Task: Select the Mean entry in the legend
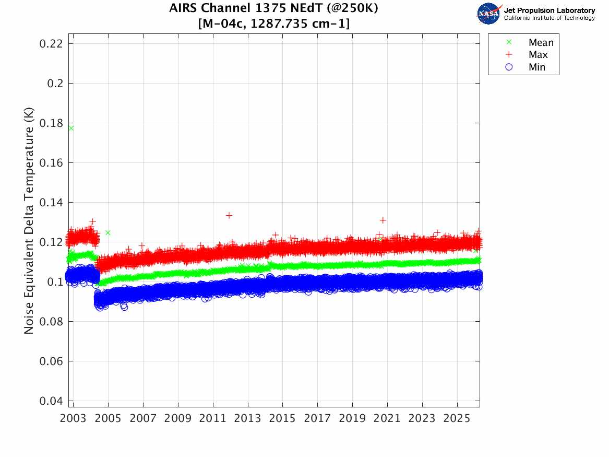coord(541,43)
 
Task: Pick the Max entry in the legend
coord(538,55)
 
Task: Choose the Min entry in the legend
coord(537,67)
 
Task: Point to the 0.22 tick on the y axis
coord(51,43)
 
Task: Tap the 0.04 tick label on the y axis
coord(51,401)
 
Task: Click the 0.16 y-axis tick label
coord(51,163)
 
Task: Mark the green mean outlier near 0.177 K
coord(71,128)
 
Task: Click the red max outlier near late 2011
coord(229,215)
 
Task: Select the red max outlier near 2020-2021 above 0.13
coord(383,220)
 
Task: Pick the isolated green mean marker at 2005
coord(108,232)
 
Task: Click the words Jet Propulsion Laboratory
coord(549,10)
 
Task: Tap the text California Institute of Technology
coord(549,18)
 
